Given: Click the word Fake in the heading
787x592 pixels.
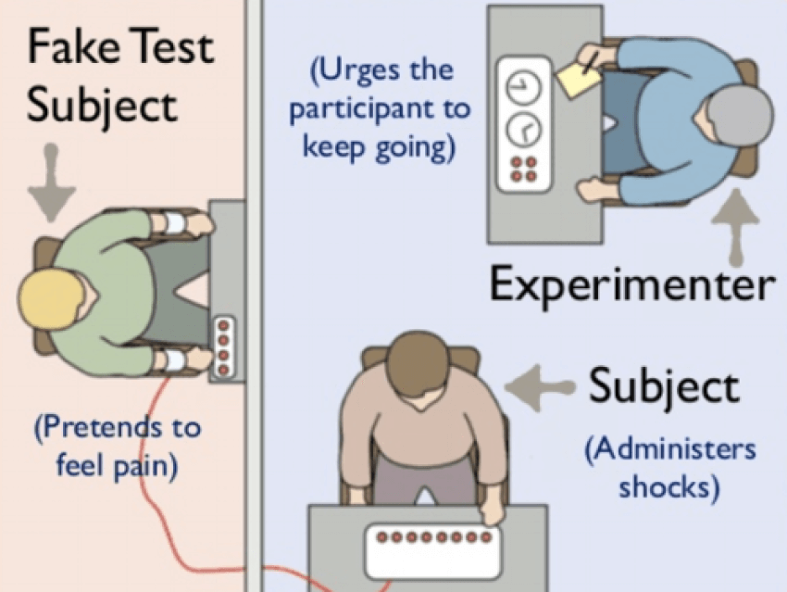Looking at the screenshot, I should tap(70, 46).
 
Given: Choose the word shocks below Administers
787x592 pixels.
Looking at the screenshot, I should tap(668, 485).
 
